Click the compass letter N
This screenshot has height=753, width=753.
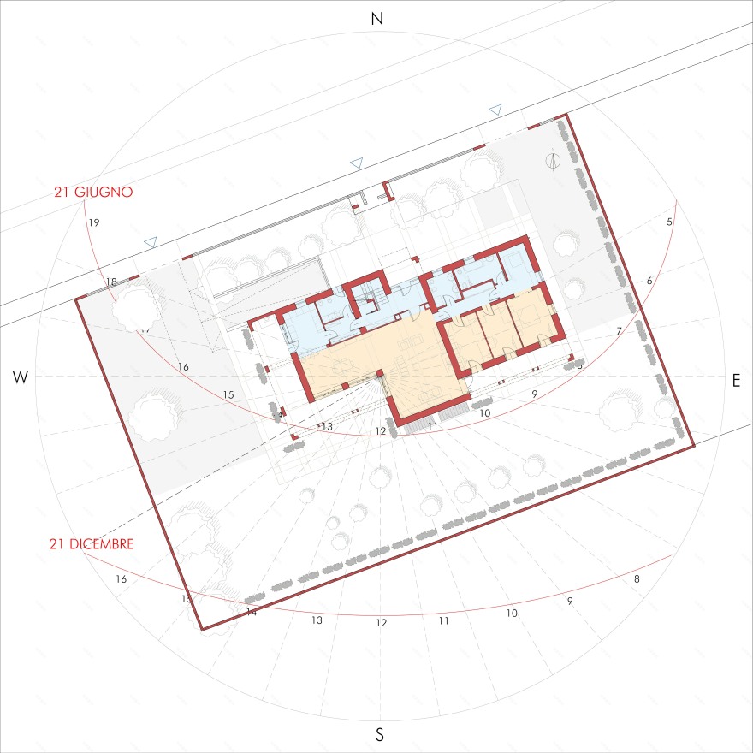[x=376, y=19]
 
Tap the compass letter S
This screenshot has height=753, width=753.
[x=380, y=733]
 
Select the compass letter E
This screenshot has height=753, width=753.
[x=736, y=382]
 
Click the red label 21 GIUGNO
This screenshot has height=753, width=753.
[x=92, y=193]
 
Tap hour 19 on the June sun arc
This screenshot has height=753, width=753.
[x=94, y=223]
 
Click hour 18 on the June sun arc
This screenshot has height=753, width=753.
[x=111, y=282]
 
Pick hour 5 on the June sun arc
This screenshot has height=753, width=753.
[x=669, y=222]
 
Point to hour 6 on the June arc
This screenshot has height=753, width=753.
[x=649, y=281]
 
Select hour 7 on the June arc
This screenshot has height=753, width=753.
[x=619, y=330]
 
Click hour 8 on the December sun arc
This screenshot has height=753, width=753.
[x=636, y=579]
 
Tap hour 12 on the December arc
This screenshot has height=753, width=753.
[x=382, y=623]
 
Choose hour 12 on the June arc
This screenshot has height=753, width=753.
[x=381, y=430]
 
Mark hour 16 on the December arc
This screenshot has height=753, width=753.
[x=122, y=579]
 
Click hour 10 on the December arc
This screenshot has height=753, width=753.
[x=511, y=614]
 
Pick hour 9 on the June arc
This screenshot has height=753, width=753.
[x=534, y=394]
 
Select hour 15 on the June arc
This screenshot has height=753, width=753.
[x=228, y=394]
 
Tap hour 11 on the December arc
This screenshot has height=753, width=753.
[x=443, y=620]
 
